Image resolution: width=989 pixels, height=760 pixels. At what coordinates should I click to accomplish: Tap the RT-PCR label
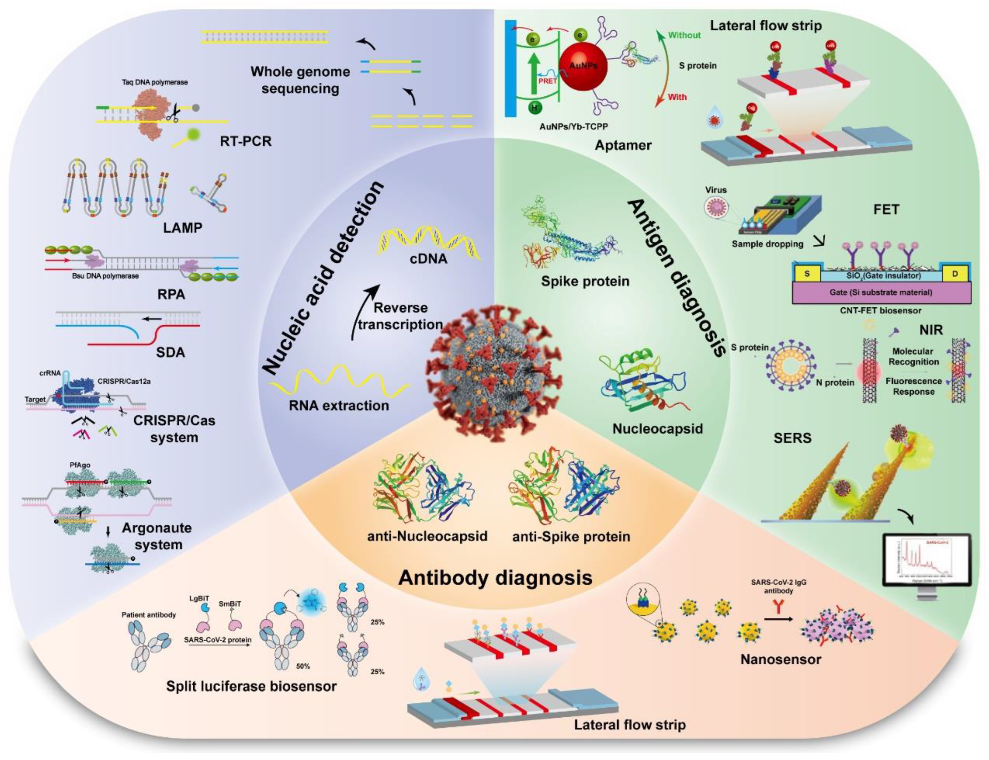246,141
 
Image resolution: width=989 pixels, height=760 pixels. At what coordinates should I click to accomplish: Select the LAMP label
182,227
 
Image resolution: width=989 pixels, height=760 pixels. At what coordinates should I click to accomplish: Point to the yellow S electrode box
807,274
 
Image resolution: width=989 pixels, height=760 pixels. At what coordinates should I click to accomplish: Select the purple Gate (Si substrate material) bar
881,292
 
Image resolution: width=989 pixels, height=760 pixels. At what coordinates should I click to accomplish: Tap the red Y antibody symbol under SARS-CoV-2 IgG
778,607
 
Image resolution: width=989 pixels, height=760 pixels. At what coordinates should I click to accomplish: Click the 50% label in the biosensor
303,667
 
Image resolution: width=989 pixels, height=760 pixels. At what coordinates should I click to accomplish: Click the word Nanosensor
781,659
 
